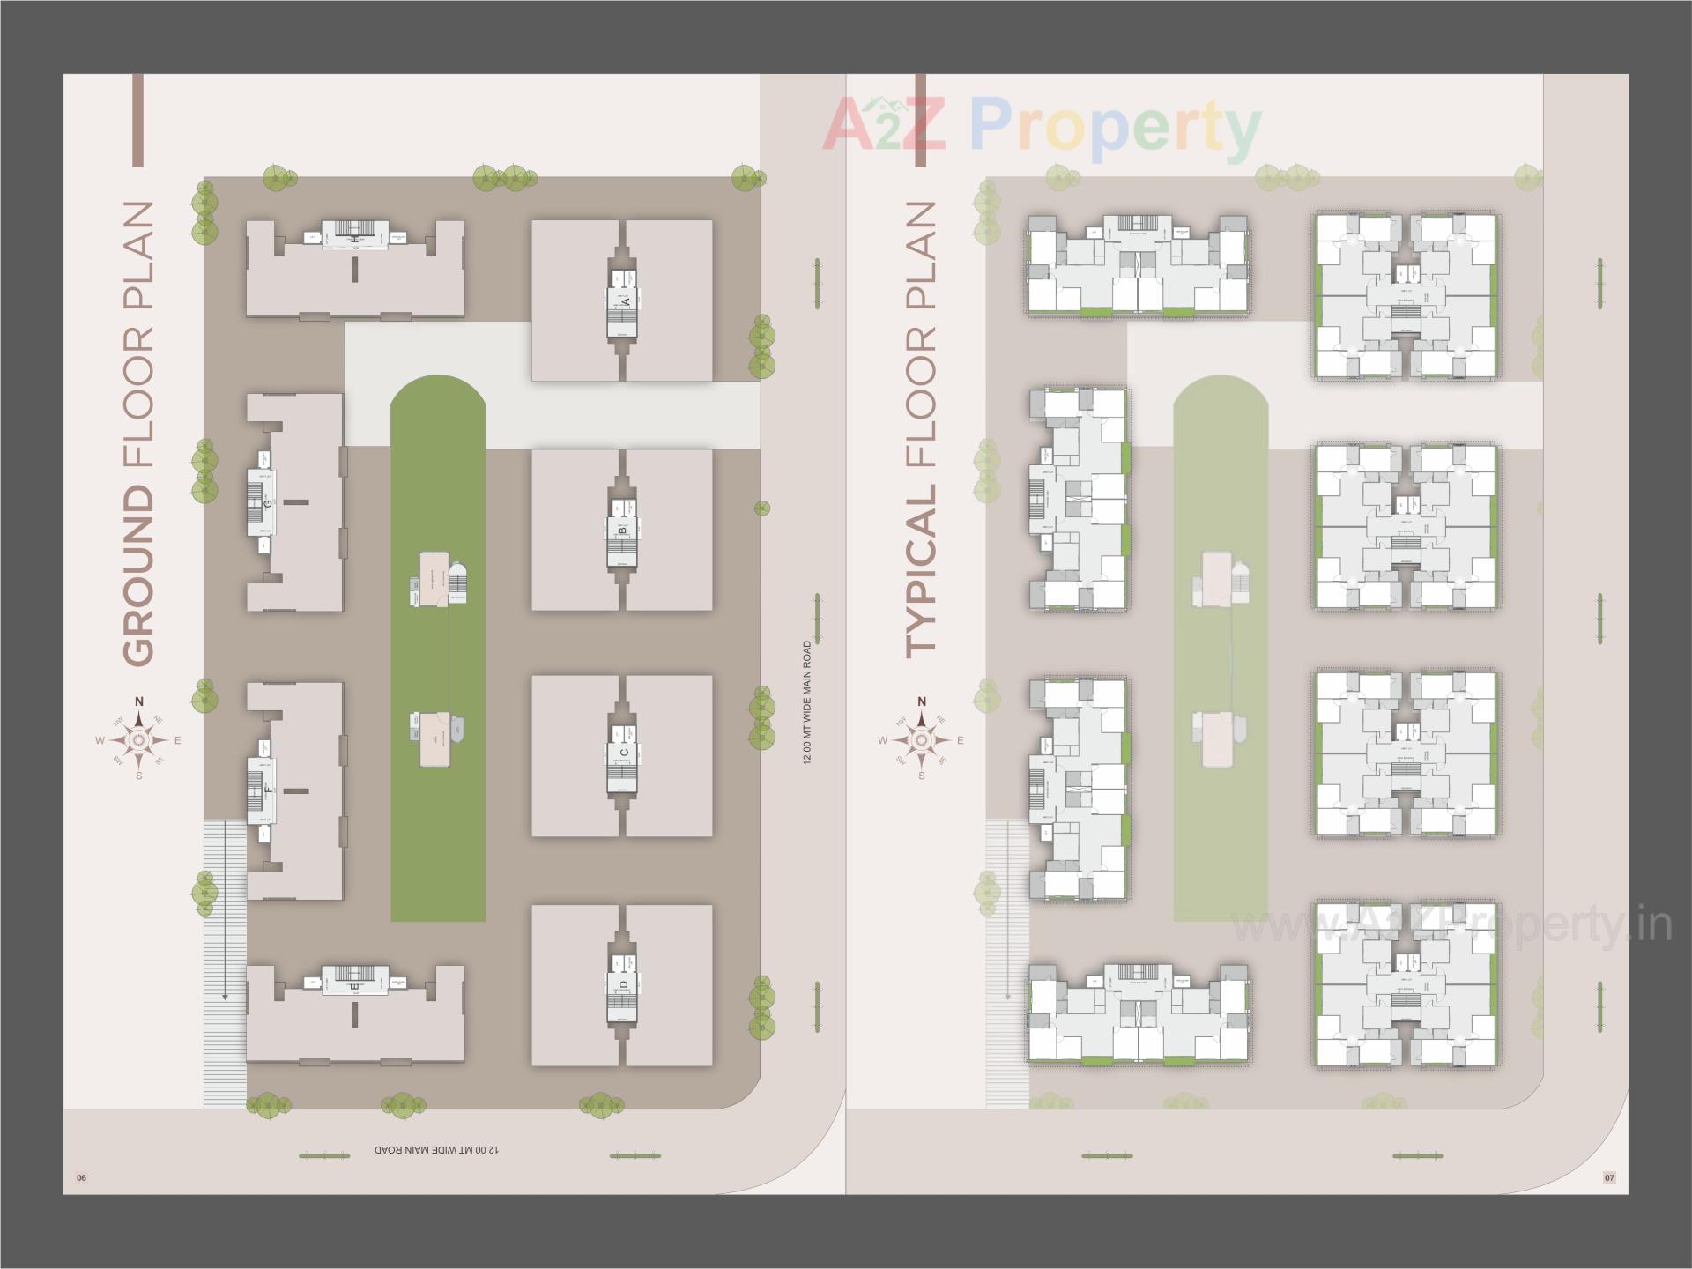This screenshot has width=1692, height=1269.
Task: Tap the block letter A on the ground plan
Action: (x=626, y=301)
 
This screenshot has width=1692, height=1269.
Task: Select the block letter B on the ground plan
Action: (x=622, y=531)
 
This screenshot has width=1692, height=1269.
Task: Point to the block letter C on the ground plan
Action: (x=623, y=752)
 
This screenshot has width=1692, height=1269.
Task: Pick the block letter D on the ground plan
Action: (x=623, y=984)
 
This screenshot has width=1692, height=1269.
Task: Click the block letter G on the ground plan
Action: (x=267, y=503)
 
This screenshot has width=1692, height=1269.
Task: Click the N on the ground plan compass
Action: (x=138, y=701)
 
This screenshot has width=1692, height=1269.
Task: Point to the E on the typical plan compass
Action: (x=961, y=740)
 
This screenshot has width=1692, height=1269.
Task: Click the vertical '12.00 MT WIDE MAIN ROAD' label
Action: (x=806, y=702)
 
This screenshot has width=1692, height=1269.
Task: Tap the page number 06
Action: (x=82, y=1178)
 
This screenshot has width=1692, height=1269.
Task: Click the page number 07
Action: (x=1609, y=1178)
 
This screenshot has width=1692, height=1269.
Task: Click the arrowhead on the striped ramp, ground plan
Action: (x=225, y=996)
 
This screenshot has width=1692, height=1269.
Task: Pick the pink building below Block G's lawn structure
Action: (x=433, y=740)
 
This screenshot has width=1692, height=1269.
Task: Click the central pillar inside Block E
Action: (x=355, y=1013)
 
